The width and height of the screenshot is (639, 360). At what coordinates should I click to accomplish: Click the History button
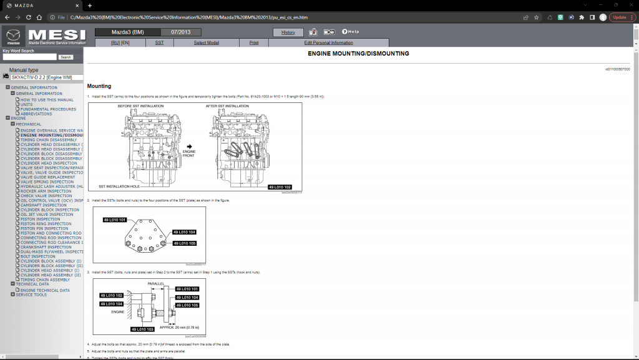click(x=288, y=32)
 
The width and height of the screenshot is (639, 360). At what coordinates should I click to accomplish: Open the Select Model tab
click(x=206, y=42)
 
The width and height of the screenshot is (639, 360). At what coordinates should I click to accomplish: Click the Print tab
click(x=254, y=42)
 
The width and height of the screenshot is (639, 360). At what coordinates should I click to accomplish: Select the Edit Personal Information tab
click(x=328, y=42)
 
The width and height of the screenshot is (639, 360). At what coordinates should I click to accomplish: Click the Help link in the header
click(x=350, y=31)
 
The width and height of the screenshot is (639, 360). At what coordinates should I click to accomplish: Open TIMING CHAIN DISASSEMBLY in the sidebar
click(x=49, y=140)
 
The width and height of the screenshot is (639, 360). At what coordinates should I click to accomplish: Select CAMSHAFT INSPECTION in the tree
click(x=43, y=205)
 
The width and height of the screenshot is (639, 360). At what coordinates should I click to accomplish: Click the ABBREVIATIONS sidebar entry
click(x=41, y=114)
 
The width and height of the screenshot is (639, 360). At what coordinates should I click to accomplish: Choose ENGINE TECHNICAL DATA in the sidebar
click(x=45, y=290)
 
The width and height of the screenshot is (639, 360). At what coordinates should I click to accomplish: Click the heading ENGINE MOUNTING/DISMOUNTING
click(x=358, y=54)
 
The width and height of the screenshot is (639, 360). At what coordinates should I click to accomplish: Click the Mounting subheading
click(x=99, y=86)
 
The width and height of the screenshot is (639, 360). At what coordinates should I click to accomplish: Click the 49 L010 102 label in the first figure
click(x=280, y=187)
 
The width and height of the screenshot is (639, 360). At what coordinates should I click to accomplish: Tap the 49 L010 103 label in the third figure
click(x=143, y=329)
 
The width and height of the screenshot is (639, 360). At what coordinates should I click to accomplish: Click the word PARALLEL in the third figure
click(x=156, y=283)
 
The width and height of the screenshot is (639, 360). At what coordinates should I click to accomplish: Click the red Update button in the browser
click(x=621, y=17)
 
